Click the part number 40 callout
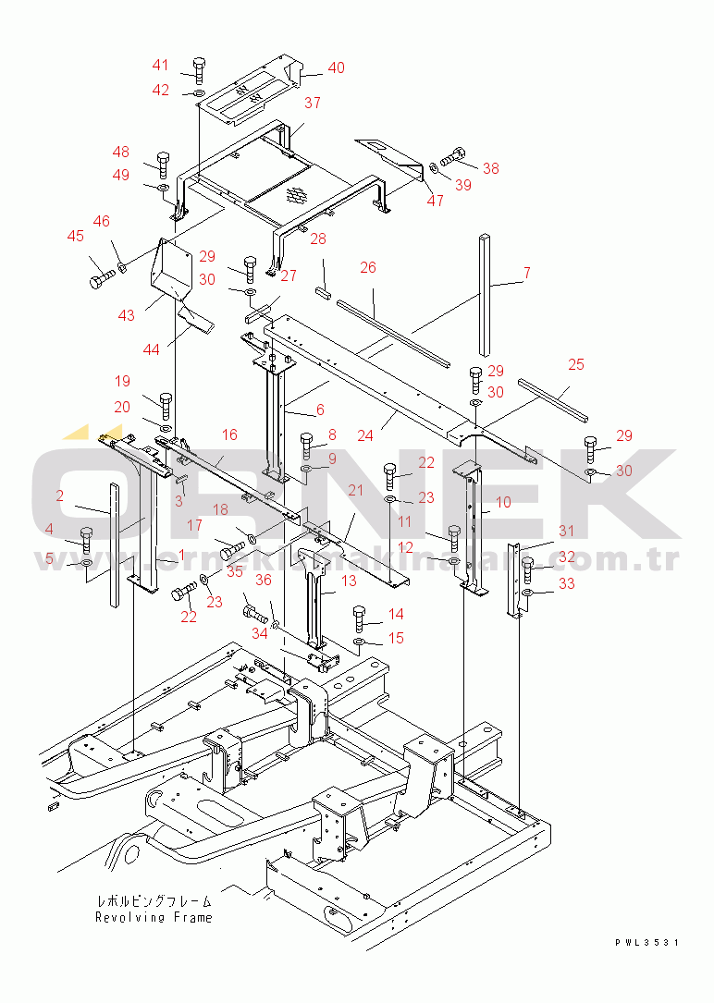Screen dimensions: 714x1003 [336, 67]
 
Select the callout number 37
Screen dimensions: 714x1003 [312, 103]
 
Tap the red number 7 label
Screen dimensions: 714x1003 [526, 274]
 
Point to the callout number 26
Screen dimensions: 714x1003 [367, 268]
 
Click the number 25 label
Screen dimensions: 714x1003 [576, 365]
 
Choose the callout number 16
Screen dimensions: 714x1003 [229, 434]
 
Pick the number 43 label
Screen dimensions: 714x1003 [127, 315]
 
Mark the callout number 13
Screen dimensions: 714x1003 [349, 581]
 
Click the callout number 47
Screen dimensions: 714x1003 [435, 201]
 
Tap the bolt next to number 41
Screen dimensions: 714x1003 [199, 69]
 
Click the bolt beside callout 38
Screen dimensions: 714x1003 [454, 159]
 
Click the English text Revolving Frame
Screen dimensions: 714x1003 [154, 917]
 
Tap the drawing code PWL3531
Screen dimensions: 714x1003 [646, 942]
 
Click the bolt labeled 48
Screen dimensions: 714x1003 [164, 163]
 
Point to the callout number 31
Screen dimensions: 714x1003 [566, 531]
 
